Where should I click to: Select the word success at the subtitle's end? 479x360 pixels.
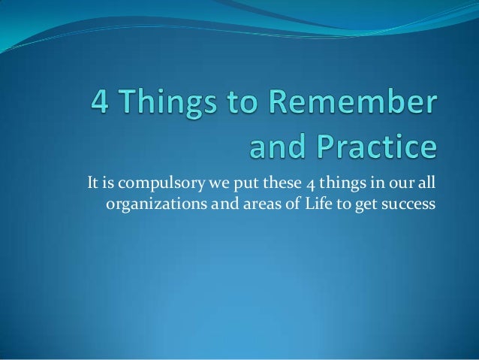[410, 203]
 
